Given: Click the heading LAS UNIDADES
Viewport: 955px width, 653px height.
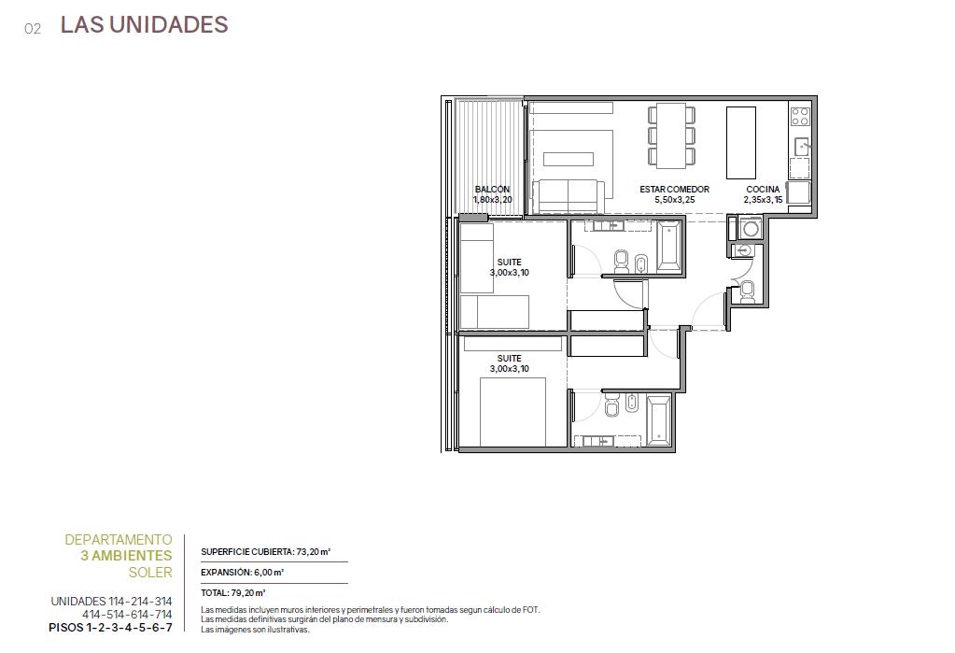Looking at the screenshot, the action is pyautogui.click(x=145, y=24).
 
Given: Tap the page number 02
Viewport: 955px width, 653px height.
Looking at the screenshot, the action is pyautogui.click(x=33, y=29).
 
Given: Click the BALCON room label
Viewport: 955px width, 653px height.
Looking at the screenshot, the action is pyautogui.click(x=492, y=189).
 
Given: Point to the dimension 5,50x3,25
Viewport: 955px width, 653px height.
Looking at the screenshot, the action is pyautogui.click(x=674, y=199).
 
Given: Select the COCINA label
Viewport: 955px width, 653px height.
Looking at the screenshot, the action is pyautogui.click(x=763, y=189).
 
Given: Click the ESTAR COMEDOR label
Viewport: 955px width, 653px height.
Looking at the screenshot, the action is pyautogui.click(x=674, y=189).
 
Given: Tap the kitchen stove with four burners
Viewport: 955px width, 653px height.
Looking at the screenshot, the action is pyautogui.click(x=800, y=117).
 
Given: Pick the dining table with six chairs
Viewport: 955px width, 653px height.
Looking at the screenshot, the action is pyautogui.click(x=671, y=135).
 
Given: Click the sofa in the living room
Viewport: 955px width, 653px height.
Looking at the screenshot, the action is pyautogui.click(x=569, y=196).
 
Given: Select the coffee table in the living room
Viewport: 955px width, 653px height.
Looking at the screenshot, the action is pyautogui.click(x=569, y=159).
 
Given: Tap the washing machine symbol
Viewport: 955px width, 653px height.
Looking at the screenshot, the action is pyautogui.click(x=751, y=229).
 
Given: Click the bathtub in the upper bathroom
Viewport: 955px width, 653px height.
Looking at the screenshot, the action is pyautogui.click(x=668, y=247).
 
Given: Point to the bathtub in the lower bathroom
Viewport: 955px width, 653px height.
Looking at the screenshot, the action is pyautogui.click(x=658, y=420).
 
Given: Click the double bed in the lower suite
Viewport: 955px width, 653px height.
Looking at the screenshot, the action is pyautogui.click(x=513, y=412).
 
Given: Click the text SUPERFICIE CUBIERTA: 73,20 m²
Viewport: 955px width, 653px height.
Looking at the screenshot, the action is pyautogui.click(x=265, y=552).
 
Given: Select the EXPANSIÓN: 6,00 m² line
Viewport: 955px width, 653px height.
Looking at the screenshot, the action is pyautogui.click(x=243, y=573).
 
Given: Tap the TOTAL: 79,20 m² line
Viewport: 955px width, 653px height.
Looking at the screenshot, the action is pyautogui.click(x=233, y=592).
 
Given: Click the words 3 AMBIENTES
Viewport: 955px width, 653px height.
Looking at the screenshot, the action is pyautogui.click(x=127, y=556).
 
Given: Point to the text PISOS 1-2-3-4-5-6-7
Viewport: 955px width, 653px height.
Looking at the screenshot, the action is pyautogui.click(x=110, y=628).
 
